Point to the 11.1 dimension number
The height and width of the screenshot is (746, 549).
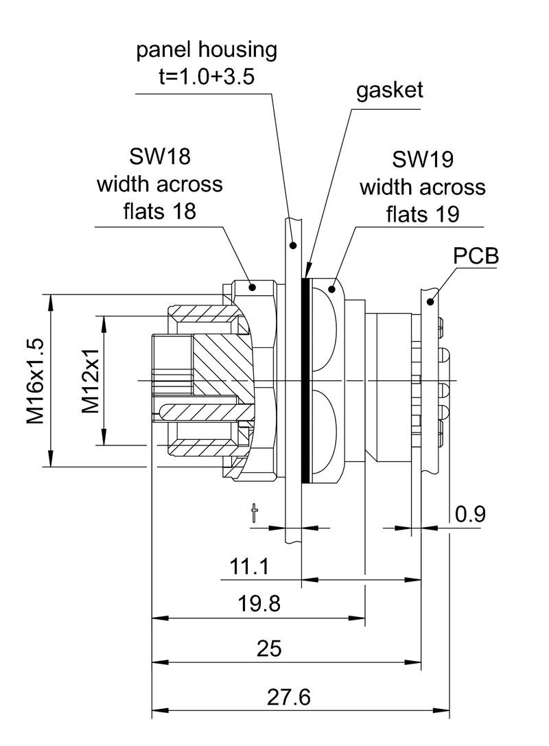pos(249,567)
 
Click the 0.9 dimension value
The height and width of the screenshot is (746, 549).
pos(469,513)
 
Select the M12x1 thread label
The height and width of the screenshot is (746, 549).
pos(91,381)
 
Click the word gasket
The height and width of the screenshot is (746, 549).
pos(389,91)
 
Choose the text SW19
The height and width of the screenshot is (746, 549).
pos(422,160)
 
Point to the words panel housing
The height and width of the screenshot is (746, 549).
pos(207,49)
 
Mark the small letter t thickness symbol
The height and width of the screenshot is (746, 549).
pos(255,514)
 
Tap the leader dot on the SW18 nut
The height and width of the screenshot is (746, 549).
pos(252,288)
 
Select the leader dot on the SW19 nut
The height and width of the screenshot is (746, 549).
pos(333,289)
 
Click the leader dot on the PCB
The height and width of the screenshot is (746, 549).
pos(430,301)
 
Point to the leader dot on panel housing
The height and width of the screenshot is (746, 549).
pos(293,244)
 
